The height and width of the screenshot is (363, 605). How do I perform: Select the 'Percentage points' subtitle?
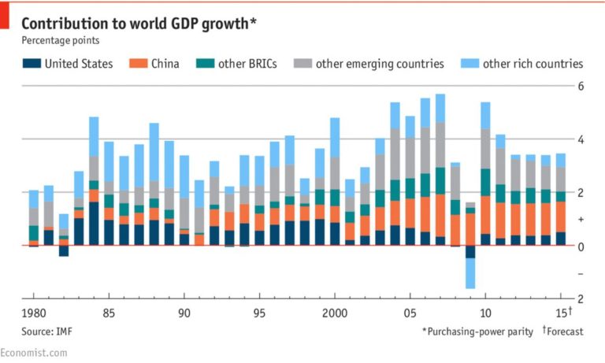[x=60, y=40]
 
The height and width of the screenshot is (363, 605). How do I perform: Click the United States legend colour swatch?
[x=31, y=64]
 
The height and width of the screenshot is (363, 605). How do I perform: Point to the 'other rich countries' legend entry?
[x=533, y=64]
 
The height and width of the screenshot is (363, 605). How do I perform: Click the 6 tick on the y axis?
[x=581, y=86]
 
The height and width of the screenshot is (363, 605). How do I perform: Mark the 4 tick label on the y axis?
[x=581, y=139]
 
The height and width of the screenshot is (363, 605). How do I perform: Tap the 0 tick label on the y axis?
[x=581, y=246]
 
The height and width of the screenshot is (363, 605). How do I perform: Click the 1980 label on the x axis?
[x=35, y=313]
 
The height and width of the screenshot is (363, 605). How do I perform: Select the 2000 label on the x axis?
[x=334, y=313]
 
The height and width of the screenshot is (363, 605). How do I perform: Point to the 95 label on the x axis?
[x=259, y=313]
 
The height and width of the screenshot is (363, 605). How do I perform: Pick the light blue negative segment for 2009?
[x=470, y=273]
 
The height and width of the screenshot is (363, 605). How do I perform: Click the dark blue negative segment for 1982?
[x=64, y=251]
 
